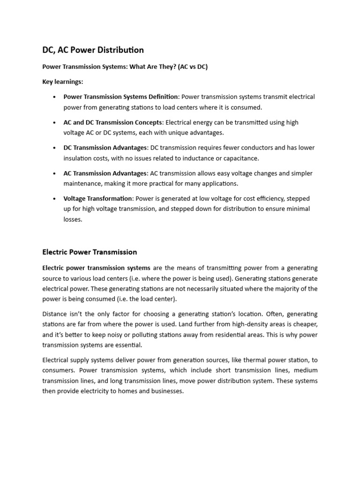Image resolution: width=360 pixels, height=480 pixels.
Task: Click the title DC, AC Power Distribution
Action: [93, 50]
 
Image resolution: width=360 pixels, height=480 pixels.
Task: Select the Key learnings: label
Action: [62, 82]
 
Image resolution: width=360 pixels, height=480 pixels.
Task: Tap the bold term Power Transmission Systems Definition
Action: [120, 97]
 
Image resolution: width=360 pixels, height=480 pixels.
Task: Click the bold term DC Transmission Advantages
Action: [105, 148]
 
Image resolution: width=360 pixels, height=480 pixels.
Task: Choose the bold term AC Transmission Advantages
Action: [105, 173]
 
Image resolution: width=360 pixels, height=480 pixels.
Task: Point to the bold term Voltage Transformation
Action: [98, 199]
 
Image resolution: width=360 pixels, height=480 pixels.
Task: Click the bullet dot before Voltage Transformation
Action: [55, 199]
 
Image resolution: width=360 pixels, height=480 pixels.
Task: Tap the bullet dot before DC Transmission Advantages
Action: [55, 148]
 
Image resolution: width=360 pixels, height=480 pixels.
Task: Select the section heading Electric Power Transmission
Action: [90, 252]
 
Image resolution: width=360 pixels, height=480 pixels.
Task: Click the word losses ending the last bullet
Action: [73, 219]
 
